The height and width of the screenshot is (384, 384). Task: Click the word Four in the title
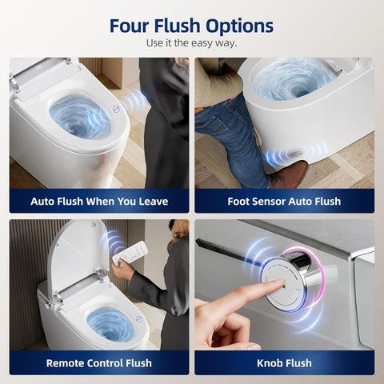click(x=129, y=26)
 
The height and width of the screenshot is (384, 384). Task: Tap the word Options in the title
click(x=239, y=26)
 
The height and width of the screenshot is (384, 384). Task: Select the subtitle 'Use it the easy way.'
click(x=192, y=43)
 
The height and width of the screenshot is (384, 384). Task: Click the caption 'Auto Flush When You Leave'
click(x=99, y=202)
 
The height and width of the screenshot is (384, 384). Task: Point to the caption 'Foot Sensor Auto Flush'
click(x=284, y=202)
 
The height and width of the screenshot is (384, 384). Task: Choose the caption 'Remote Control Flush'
click(x=99, y=363)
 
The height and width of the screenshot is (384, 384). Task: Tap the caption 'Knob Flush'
click(x=284, y=363)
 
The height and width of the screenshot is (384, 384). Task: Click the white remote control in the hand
click(x=130, y=254)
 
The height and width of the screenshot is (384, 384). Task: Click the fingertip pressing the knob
click(x=281, y=282)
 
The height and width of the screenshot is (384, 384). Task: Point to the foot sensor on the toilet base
click(x=297, y=154)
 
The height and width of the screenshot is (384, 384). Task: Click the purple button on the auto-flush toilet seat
click(x=116, y=109)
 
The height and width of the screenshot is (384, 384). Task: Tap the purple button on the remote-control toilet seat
click(x=138, y=318)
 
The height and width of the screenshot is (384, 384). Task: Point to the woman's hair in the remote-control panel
click(x=179, y=230)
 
